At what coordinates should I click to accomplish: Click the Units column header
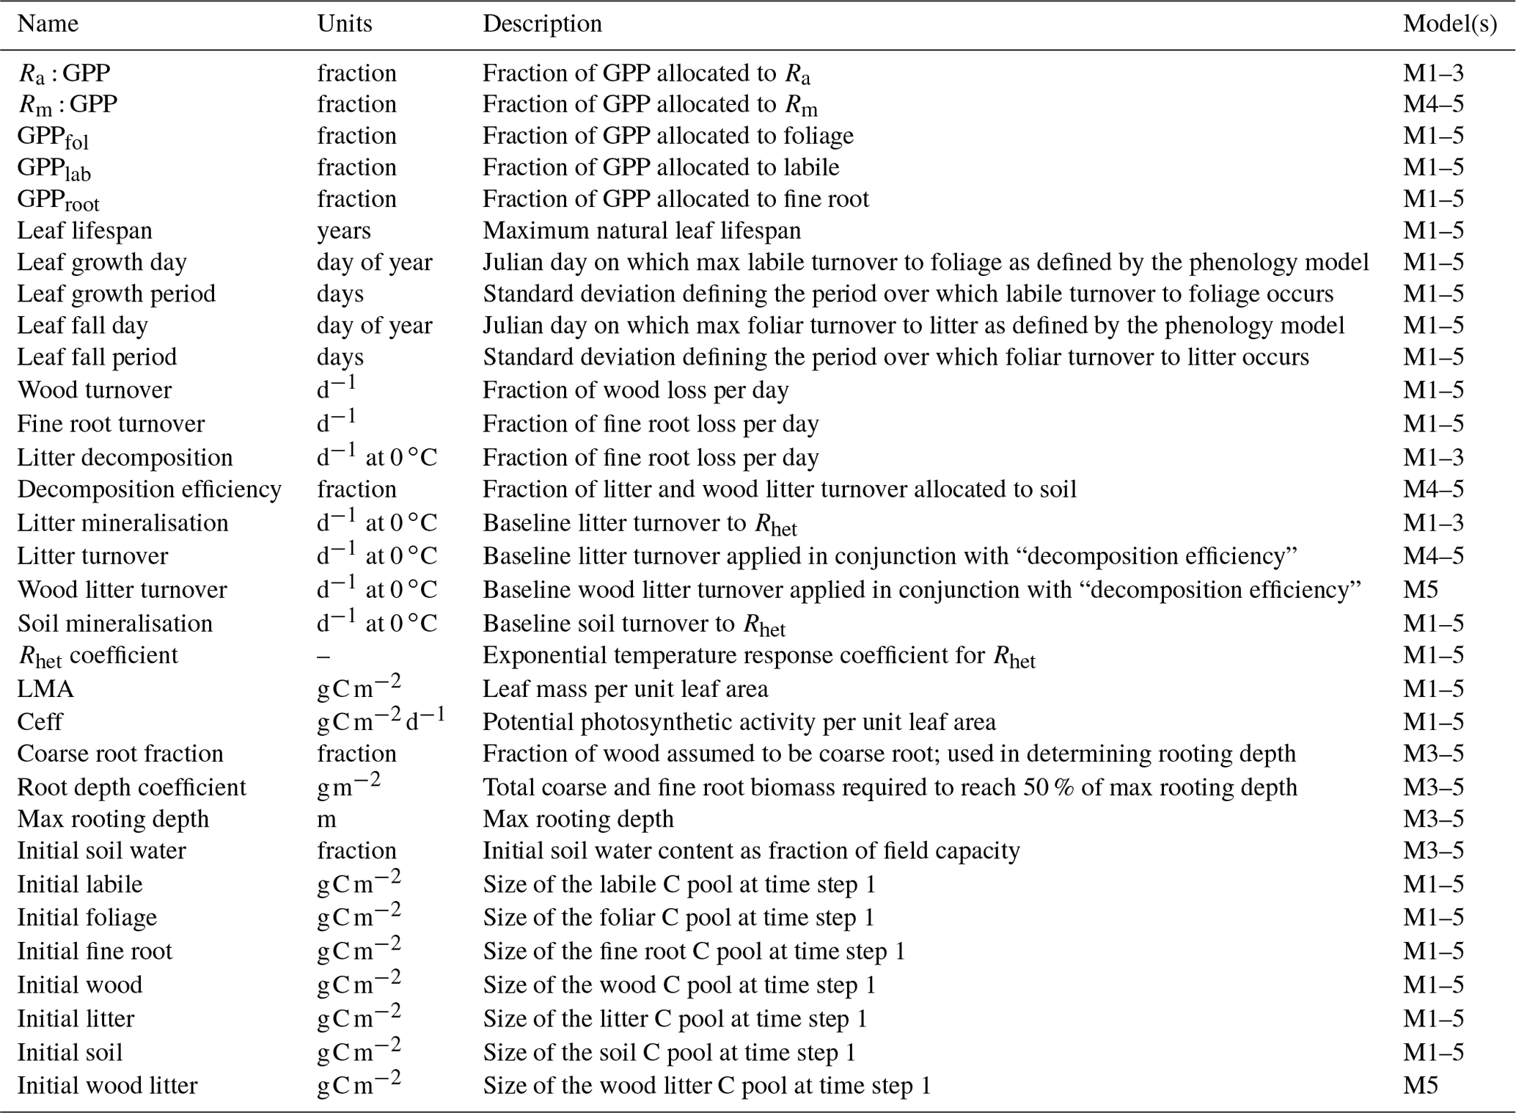pos(344,23)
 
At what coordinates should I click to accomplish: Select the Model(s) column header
pos(1449,23)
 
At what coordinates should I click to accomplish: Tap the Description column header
pos(542,23)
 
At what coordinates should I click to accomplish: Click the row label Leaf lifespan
pos(84,230)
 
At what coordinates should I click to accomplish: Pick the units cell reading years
pos(343,230)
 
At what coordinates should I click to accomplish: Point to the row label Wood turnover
pos(94,390)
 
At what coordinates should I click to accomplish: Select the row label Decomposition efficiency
pos(149,489)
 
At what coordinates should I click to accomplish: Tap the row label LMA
pos(45,689)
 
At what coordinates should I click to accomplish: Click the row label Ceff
pos(40,722)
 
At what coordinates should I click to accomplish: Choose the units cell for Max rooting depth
pos(326,818)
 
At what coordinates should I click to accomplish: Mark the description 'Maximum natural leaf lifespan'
pos(641,230)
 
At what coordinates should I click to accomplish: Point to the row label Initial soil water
pos(101,850)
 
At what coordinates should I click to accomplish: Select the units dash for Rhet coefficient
pos(323,655)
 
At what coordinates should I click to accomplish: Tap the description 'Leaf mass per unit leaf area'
pos(625,689)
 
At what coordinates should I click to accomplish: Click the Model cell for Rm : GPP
pos(1433,104)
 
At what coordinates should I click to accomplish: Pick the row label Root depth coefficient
pos(131,787)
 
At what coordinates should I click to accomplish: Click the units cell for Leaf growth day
pos(374,262)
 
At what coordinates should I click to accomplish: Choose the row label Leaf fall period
pos(97,357)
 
